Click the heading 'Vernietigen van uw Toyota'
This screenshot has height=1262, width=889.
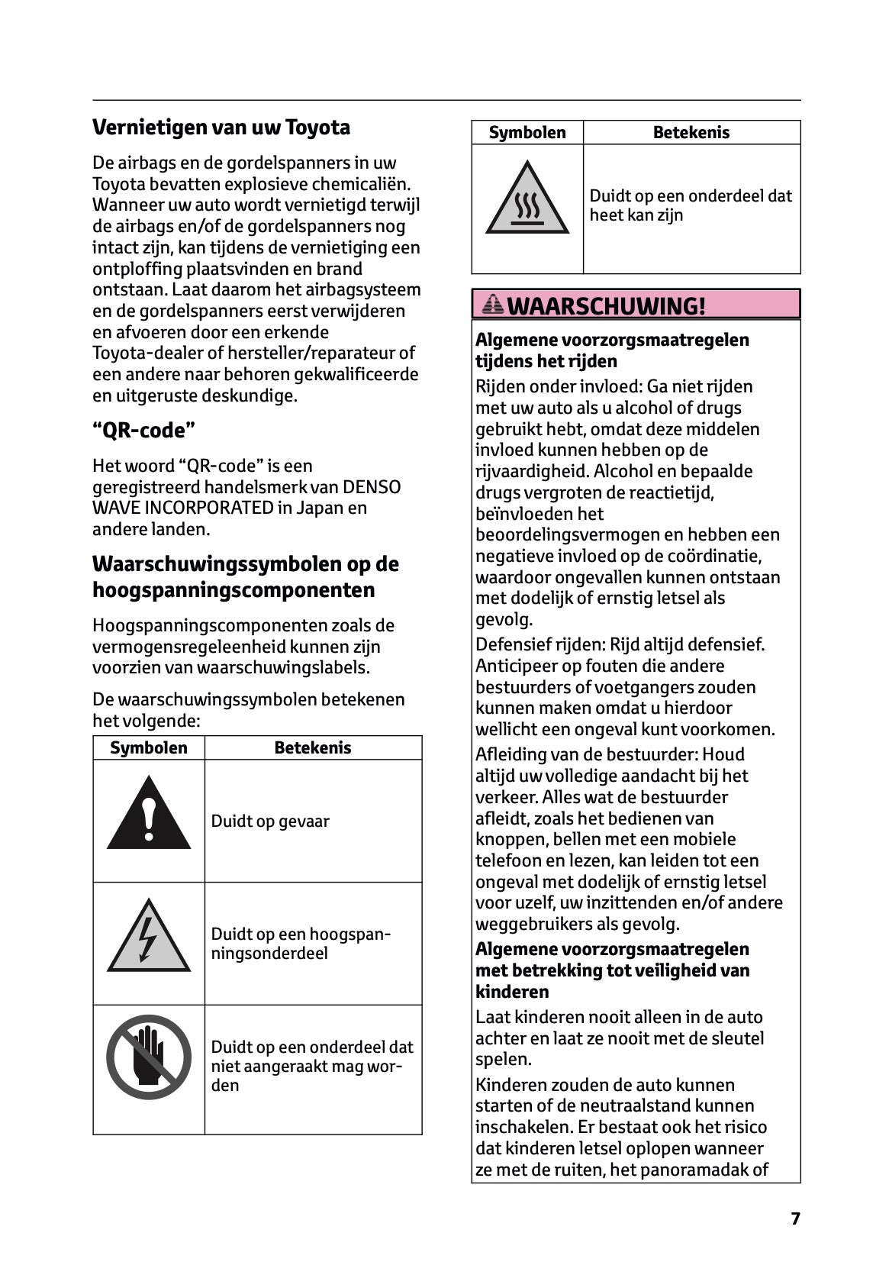coord(221,127)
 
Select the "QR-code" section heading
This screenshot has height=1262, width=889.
coord(143,431)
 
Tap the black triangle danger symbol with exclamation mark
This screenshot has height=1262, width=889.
coord(149,815)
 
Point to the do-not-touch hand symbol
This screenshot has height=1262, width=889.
coord(149,1057)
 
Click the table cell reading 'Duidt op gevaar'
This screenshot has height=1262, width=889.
coord(270,821)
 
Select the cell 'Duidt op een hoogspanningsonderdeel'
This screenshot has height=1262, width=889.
coord(301,944)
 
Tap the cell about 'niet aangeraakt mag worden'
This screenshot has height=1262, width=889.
coord(311,1066)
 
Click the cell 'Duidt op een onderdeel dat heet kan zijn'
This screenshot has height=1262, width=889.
coord(690,205)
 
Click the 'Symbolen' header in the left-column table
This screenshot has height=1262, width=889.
coord(149,748)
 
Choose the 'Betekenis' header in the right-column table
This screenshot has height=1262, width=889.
coord(691,133)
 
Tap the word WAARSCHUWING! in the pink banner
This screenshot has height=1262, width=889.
coord(606,306)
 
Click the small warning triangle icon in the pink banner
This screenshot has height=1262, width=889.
coord(493,305)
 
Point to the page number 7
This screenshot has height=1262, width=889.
coord(795,1218)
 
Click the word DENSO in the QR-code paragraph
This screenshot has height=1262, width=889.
coord(372,487)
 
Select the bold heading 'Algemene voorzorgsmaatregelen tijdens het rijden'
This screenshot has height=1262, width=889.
coord(612,350)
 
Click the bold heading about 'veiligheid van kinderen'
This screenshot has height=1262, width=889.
coord(612,970)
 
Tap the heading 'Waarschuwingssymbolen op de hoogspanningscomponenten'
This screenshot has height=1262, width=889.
coord(245,577)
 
